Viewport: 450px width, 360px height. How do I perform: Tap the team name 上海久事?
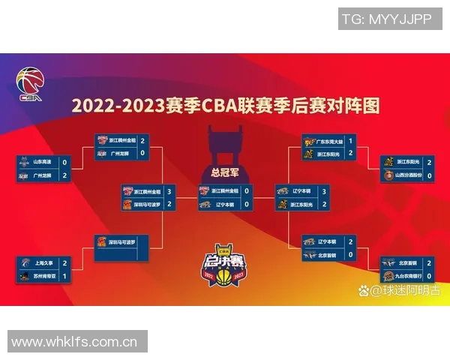coord(42,263)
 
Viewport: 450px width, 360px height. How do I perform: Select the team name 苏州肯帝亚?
coord(44,277)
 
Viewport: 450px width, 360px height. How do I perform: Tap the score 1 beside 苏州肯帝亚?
coord(64,277)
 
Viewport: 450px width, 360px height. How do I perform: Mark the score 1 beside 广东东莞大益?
coord(350,140)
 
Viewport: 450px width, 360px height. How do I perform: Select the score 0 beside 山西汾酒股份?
coord(430,175)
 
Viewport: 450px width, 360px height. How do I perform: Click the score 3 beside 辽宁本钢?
coord(323,191)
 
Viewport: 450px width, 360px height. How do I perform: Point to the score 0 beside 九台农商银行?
coord(430,276)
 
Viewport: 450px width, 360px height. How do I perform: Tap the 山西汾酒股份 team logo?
coord(388,175)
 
